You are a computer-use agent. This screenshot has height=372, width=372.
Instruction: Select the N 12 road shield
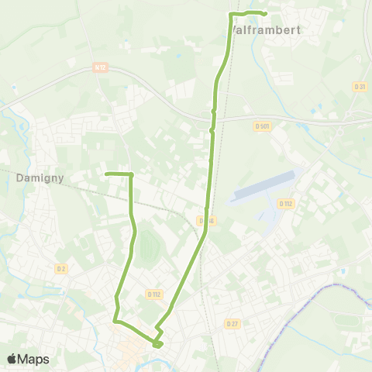[x=99, y=68]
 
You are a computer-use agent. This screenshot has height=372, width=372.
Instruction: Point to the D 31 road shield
[x=359, y=86]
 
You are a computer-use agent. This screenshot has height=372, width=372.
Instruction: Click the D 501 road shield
[x=262, y=126]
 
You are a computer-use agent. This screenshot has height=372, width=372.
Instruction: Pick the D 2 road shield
[x=61, y=268]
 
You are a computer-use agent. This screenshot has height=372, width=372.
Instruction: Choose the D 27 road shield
[x=232, y=322]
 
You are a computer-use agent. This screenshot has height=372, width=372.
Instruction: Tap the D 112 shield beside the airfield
[x=286, y=203]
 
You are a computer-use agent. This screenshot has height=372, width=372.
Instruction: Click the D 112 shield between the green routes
[x=153, y=294]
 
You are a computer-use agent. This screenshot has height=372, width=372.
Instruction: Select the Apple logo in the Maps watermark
[x=13, y=359]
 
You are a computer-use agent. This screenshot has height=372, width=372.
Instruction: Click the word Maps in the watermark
[x=34, y=359]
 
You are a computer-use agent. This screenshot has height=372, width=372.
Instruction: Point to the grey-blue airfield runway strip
[x=263, y=187]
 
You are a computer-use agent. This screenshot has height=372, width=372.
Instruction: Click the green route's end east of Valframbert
[x=265, y=13]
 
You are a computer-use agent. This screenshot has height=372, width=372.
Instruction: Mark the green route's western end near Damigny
[x=106, y=174]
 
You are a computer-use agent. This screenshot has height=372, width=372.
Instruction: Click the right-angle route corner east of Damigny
[x=132, y=174]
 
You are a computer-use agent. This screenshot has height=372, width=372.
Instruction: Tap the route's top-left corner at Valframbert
[x=232, y=15]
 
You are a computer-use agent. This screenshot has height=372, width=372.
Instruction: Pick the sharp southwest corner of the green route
[x=115, y=319]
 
